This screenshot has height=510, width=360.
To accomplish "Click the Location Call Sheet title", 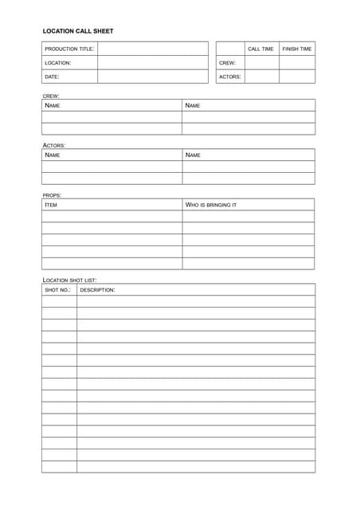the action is (x=78, y=31).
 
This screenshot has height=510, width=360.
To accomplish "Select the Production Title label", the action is (x=69, y=49).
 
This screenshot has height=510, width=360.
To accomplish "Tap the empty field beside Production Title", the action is (x=152, y=49).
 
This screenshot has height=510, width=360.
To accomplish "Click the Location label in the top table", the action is (x=58, y=62).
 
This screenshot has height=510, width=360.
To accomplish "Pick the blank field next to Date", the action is (x=152, y=76).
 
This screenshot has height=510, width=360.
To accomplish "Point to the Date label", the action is (x=52, y=76).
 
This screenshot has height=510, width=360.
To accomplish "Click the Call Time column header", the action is (x=260, y=49).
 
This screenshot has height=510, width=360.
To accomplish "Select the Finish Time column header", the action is (x=297, y=49).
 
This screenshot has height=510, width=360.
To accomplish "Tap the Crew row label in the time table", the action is (x=227, y=62).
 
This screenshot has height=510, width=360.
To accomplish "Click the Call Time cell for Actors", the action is (x=261, y=76).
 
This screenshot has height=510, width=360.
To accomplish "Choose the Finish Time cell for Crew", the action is (x=297, y=62).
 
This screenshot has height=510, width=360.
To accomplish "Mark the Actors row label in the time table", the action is (x=229, y=76).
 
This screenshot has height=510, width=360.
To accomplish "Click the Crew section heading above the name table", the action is (x=51, y=96).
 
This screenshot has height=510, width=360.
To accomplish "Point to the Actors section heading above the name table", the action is (x=54, y=145).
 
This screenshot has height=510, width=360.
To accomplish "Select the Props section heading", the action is (x=53, y=194).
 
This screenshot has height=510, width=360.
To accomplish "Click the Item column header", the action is (x=51, y=205).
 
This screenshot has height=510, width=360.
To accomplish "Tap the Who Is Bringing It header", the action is (x=211, y=205).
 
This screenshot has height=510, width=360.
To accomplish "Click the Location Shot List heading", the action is (x=69, y=280).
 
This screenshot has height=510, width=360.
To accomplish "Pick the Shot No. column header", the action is (x=57, y=290).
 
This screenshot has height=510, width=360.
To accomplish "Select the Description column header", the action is (x=97, y=290).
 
